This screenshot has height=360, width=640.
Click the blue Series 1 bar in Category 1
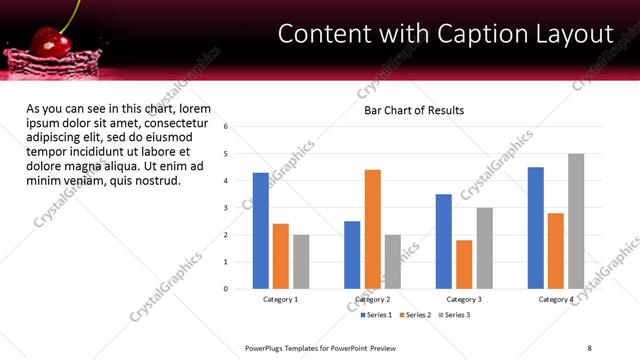[x=260, y=231]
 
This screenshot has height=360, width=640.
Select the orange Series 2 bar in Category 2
[x=372, y=229]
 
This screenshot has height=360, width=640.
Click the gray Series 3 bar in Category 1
[x=301, y=262]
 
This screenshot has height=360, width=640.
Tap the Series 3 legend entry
[x=453, y=314]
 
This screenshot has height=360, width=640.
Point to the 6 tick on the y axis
[x=226, y=127]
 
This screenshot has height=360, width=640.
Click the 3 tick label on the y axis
[x=226, y=208]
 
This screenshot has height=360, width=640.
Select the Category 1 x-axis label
[x=281, y=299]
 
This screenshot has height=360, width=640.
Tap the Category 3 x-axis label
[x=464, y=299]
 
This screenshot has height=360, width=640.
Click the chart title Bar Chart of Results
[x=413, y=110]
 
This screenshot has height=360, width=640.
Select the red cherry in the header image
[x=46, y=41]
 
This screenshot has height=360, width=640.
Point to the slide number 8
[x=589, y=347]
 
